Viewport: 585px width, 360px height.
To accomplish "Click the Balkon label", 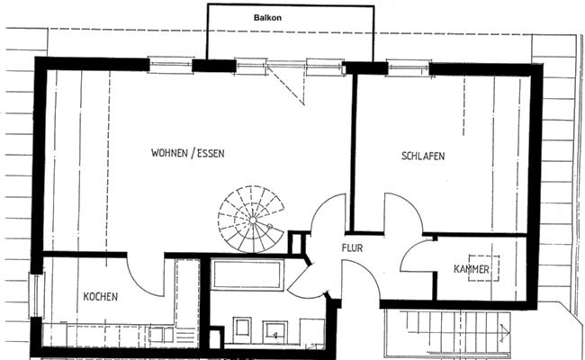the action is pyautogui.click(x=267, y=17).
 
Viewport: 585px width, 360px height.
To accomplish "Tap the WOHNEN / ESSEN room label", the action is pyautogui.click(x=188, y=153).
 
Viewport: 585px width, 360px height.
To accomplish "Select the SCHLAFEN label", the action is pyautogui.click(x=423, y=156).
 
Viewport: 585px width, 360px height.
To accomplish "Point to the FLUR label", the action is pyautogui.click(x=352, y=247).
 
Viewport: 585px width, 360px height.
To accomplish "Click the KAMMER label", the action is pyautogui.click(x=472, y=269).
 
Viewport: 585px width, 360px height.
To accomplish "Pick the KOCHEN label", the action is pyautogui.click(x=101, y=297).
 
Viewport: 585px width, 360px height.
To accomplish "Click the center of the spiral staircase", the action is pyautogui.click(x=253, y=220).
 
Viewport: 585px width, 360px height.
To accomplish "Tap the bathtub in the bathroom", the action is pyautogui.click(x=247, y=274).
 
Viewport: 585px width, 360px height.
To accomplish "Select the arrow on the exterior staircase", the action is pyautogui.click(x=505, y=331).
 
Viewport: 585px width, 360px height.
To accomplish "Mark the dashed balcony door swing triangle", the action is pyautogui.click(x=287, y=85).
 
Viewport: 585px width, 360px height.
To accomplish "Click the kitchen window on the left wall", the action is pyautogui.click(x=37, y=295).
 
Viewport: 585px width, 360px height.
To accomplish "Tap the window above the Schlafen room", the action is pyautogui.click(x=409, y=67).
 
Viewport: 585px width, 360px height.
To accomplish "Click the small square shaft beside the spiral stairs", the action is pyautogui.click(x=297, y=244).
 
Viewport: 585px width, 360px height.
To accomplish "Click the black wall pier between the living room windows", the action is pyautogui.click(x=214, y=66).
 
